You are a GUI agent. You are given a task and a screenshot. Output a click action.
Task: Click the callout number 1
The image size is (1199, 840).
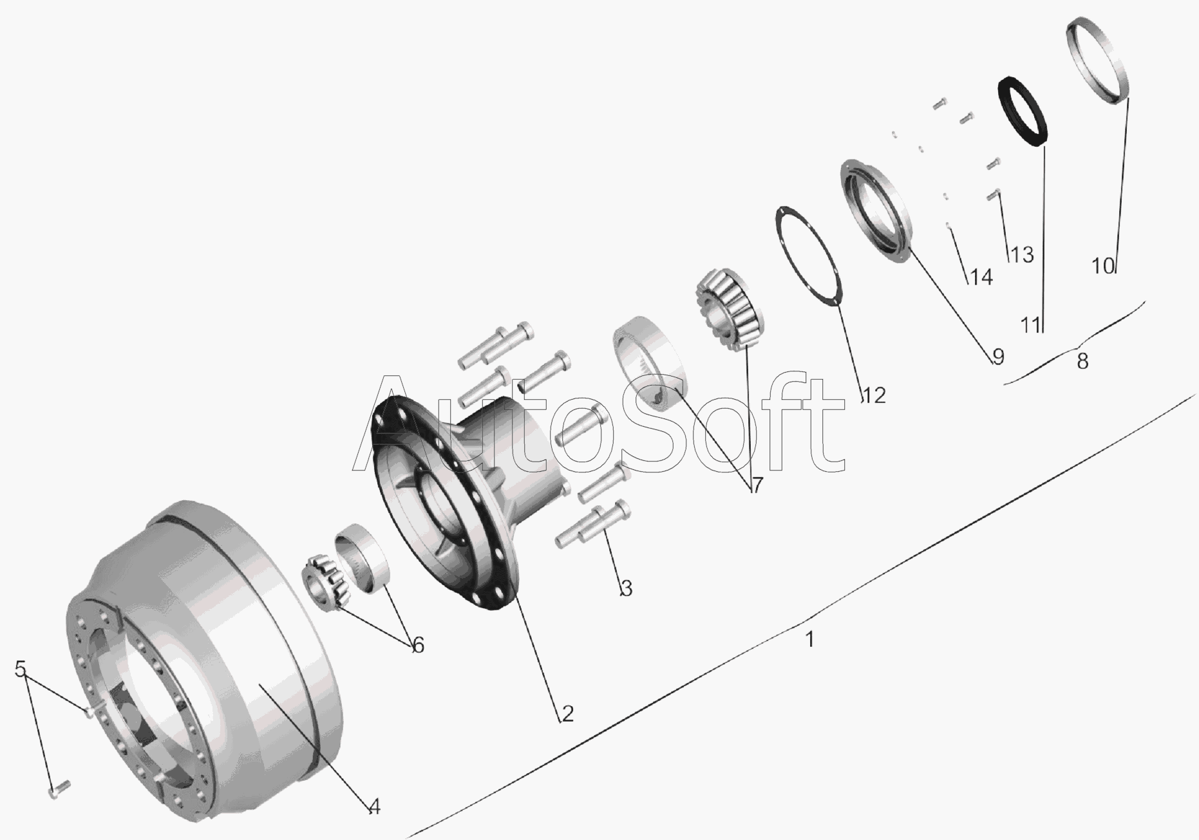pos(810,640)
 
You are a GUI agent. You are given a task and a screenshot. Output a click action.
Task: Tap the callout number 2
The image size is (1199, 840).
pos(567,713)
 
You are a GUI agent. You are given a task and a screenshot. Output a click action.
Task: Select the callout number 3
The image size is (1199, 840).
pos(626,588)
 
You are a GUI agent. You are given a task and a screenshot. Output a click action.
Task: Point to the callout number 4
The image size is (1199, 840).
pos(374,807)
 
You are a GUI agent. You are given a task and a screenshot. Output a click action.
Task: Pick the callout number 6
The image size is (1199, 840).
pos(419,645)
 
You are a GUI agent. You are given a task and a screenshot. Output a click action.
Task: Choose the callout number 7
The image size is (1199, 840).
pos(757,485)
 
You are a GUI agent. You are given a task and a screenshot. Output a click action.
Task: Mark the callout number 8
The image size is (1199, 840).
pos(1082,362)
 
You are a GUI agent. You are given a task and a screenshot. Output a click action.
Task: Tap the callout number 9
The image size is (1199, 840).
pos(998,356)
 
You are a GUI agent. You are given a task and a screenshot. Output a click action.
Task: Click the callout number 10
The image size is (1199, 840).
pos(1104,265)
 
